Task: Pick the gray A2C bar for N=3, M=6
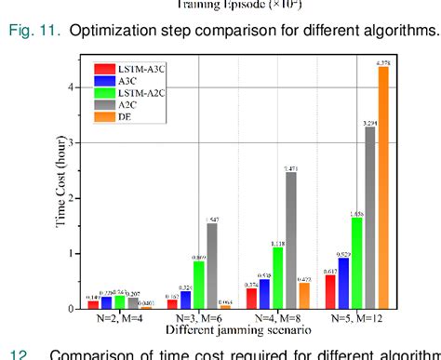211,265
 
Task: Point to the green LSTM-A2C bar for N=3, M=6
198,285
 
